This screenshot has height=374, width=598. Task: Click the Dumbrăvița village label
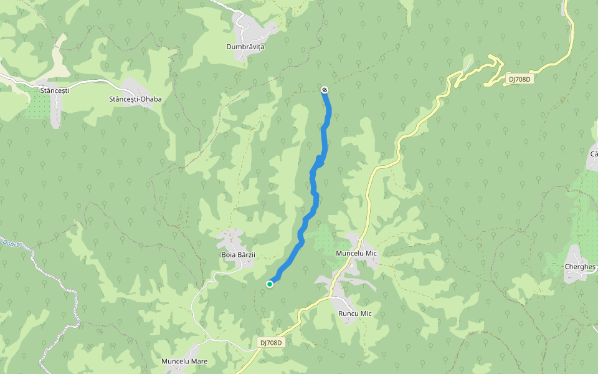tap(245, 47)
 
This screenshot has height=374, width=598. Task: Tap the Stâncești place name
tap(54, 90)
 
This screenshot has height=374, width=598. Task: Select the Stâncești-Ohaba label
tap(135, 99)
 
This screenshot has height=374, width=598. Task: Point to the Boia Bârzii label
tap(238, 254)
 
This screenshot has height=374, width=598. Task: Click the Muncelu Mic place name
tap(356, 254)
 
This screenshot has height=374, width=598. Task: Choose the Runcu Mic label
tap(354, 314)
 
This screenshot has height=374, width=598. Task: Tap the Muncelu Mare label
tap(184, 362)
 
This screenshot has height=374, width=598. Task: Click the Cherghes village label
tap(579, 267)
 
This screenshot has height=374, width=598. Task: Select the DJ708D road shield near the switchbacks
tap(519, 79)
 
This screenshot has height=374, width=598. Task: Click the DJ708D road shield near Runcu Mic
tap(270, 343)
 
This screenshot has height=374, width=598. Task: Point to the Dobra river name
tap(11, 242)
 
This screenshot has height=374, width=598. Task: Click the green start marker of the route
tap(270, 284)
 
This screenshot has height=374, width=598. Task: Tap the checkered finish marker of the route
tap(325, 90)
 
